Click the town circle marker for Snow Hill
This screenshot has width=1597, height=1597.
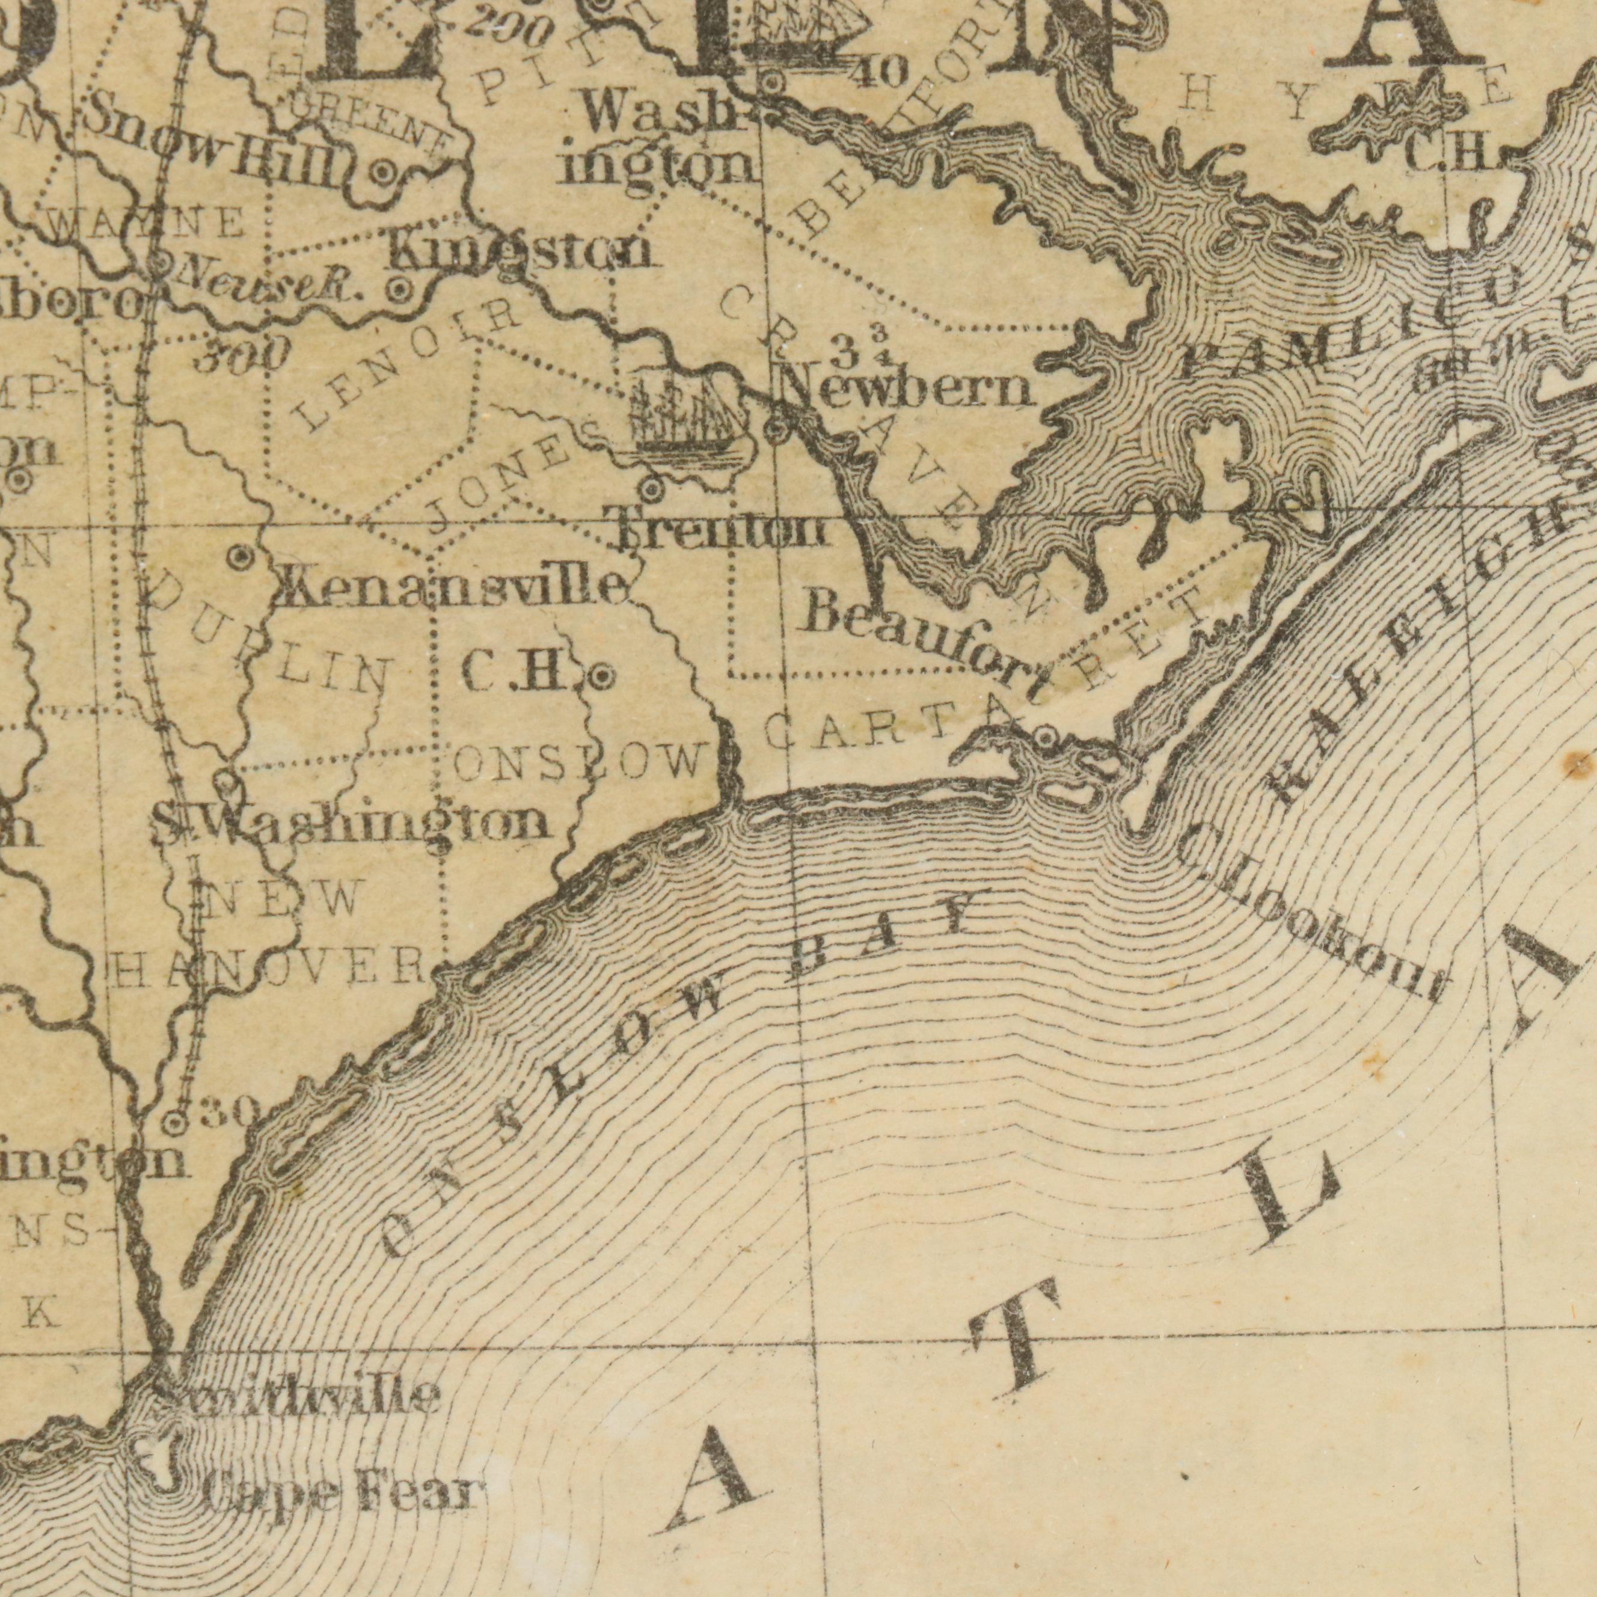pos(383,173)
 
